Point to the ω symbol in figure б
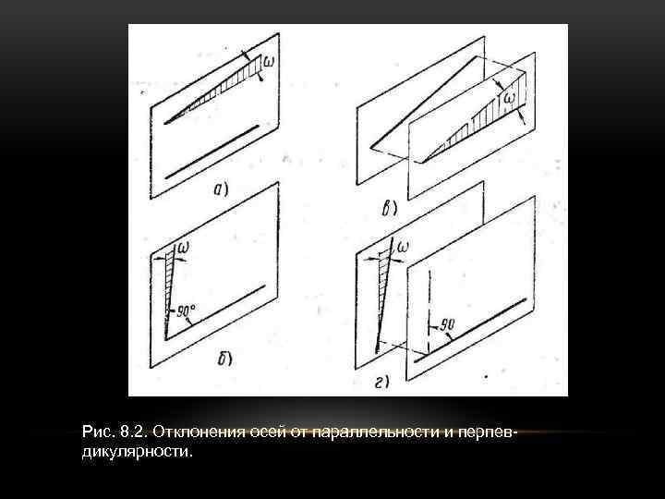183,247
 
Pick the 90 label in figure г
450,323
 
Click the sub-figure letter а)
222,190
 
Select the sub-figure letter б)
224,358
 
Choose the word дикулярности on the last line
138,453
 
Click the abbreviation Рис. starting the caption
96,432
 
